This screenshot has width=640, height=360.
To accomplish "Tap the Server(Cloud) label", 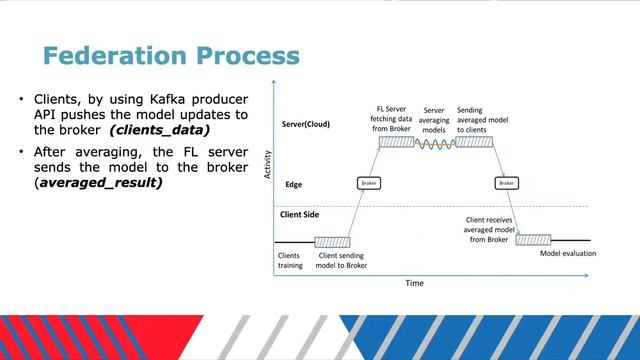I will click(x=305, y=125).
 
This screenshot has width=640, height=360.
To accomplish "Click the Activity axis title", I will click(x=268, y=165).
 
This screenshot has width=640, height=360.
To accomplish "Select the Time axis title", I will click(x=414, y=283).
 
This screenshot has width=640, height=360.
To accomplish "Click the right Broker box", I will click(x=506, y=184).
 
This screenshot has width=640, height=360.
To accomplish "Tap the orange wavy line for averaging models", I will click(x=435, y=142).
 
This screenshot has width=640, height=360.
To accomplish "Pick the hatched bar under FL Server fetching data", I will click(x=396, y=142).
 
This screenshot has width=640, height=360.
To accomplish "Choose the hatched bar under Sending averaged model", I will click(x=474, y=142).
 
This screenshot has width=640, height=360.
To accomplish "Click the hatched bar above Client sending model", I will click(x=331, y=241).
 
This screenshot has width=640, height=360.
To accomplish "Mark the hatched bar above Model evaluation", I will click(x=534, y=241).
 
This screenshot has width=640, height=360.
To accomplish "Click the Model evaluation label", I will click(x=567, y=254).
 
